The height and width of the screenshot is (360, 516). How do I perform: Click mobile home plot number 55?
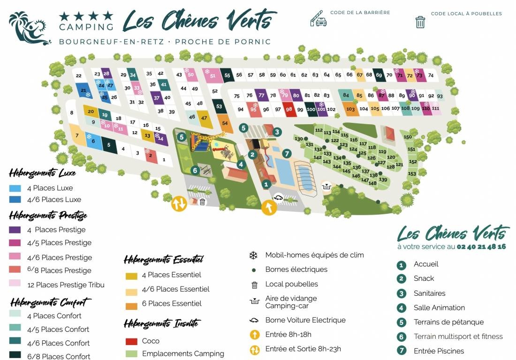pyautogui.click(x=227, y=75)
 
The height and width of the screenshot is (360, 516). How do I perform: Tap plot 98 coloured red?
pyautogui.click(x=289, y=109)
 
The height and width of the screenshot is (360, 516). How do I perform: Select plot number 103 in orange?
pyautogui.click(x=350, y=109)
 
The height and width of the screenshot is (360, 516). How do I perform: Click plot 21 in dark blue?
pyautogui.click(x=83, y=90)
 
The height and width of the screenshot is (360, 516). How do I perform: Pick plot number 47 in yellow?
pyautogui.click(x=204, y=118)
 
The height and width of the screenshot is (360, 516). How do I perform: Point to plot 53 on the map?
pyautogui.click(x=219, y=106)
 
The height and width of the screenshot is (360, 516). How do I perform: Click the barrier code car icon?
pyautogui.click(x=318, y=18)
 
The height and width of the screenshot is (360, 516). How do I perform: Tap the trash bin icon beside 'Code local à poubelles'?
pyautogui.click(x=420, y=22)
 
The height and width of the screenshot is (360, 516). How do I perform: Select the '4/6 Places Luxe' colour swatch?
pyautogui.click(x=15, y=200)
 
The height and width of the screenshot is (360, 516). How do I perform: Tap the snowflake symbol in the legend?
pyautogui.click(x=253, y=255)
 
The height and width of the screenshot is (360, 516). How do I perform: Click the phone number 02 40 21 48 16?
pyautogui.click(x=481, y=247)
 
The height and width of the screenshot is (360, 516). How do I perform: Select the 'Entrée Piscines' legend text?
pyautogui.click(x=439, y=351)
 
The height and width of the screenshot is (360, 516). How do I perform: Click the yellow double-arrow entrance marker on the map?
pyautogui.click(x=179, y=203)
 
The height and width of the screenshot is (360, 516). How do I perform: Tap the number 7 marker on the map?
pyautogui.click(x=287, y=153)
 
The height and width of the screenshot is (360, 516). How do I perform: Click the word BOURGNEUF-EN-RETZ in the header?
pyautogui.click(x=112, y=42)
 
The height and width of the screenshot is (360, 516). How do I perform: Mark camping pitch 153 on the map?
pyautogui.click(x=412, y=174)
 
